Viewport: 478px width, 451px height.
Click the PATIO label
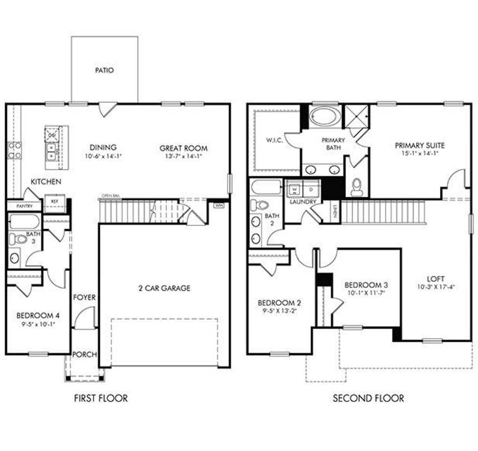click(104, 70)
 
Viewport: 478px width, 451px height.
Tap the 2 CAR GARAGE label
click(164, 288)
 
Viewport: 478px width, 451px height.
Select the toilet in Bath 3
click(17, 239)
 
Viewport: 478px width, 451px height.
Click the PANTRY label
click(25, 206)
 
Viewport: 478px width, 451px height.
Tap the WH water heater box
click(218, 205)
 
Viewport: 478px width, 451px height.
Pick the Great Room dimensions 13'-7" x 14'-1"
click(183, 157)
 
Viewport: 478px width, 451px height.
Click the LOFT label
click(435, 279)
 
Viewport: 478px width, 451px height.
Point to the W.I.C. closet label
click(274, 140)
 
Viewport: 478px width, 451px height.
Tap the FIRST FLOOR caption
click(101, 398)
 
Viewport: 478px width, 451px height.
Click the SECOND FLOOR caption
click(368, 398)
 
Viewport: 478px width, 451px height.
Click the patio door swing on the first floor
click(107, 109)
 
